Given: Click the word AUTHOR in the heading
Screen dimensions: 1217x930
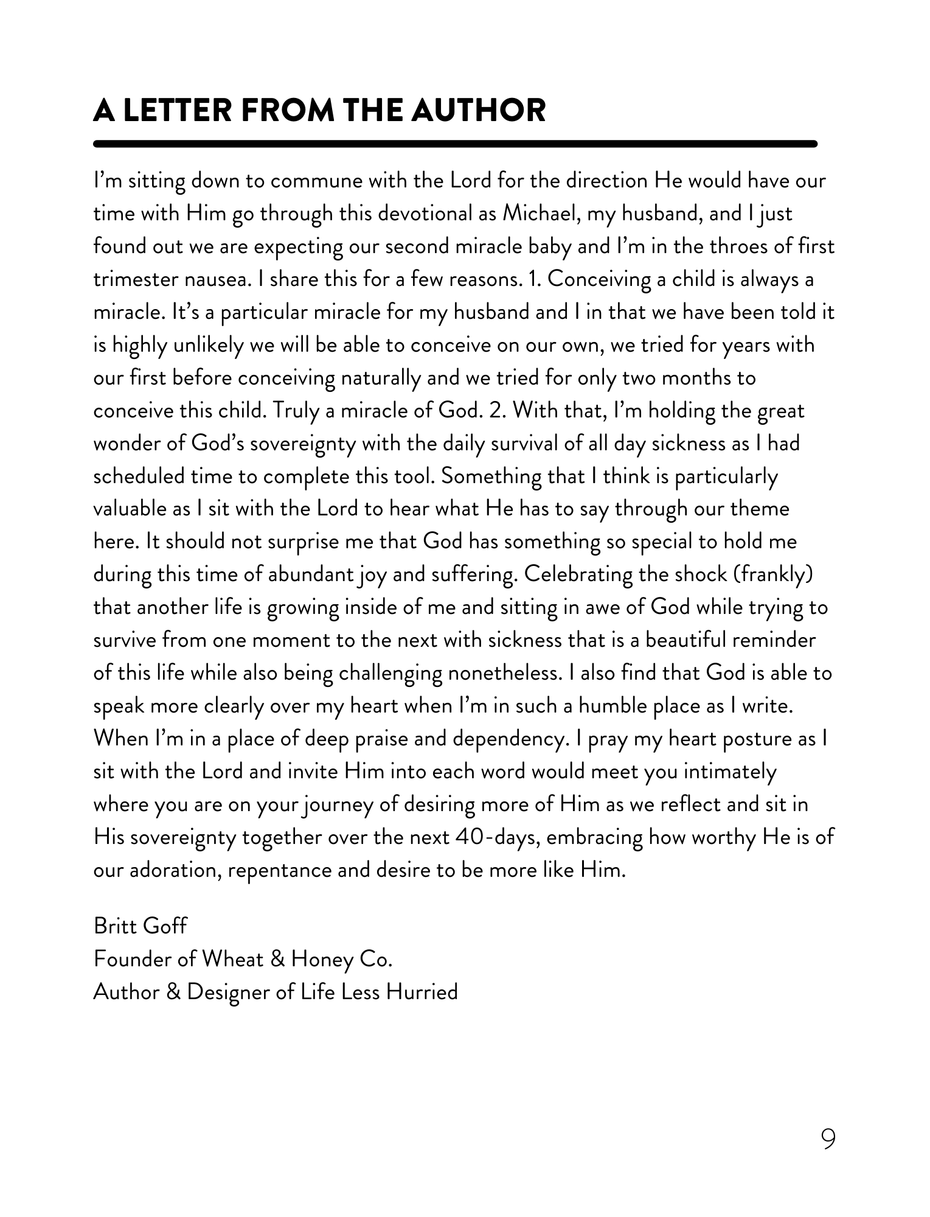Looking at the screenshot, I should point(478,110).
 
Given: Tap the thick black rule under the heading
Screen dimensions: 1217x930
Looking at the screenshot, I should point(455,144).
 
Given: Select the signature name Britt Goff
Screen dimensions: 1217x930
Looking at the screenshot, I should point(141,926).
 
